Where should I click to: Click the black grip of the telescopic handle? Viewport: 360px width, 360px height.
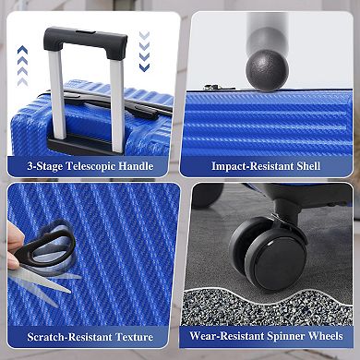pyautogui.click(x=85, y=39)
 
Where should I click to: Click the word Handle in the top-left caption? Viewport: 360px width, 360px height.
pyautogui.click(x=136, y=166)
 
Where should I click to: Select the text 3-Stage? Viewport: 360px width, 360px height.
pyautogui.click(x=44, y=167)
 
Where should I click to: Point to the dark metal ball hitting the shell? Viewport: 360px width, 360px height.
pyautogui.click(x=267, y=70)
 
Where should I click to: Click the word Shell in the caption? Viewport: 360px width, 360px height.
pyautogui.click(x=308, y=166)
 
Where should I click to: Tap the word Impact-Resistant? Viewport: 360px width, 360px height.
pyautogui.click(x=252, y=166)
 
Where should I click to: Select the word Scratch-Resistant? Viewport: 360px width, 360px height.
pyautogui.click(x=69, y=337)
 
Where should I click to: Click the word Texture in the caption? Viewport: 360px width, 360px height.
pyautogui.click(x=134, y=337)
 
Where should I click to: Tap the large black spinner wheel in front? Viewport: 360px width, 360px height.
pyautogui.click(x=276, y=259)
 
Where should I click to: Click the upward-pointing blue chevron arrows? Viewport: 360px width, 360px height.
pyautogui.click(x=22, y=66)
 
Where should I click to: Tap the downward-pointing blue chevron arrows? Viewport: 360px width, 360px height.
pyautogui.click(x=144, y=51)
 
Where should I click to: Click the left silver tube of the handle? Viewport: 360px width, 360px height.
pyautogui.click(x=57, y=95)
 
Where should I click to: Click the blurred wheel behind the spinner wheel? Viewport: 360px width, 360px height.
pyautogui.click(x=207, y=195)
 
